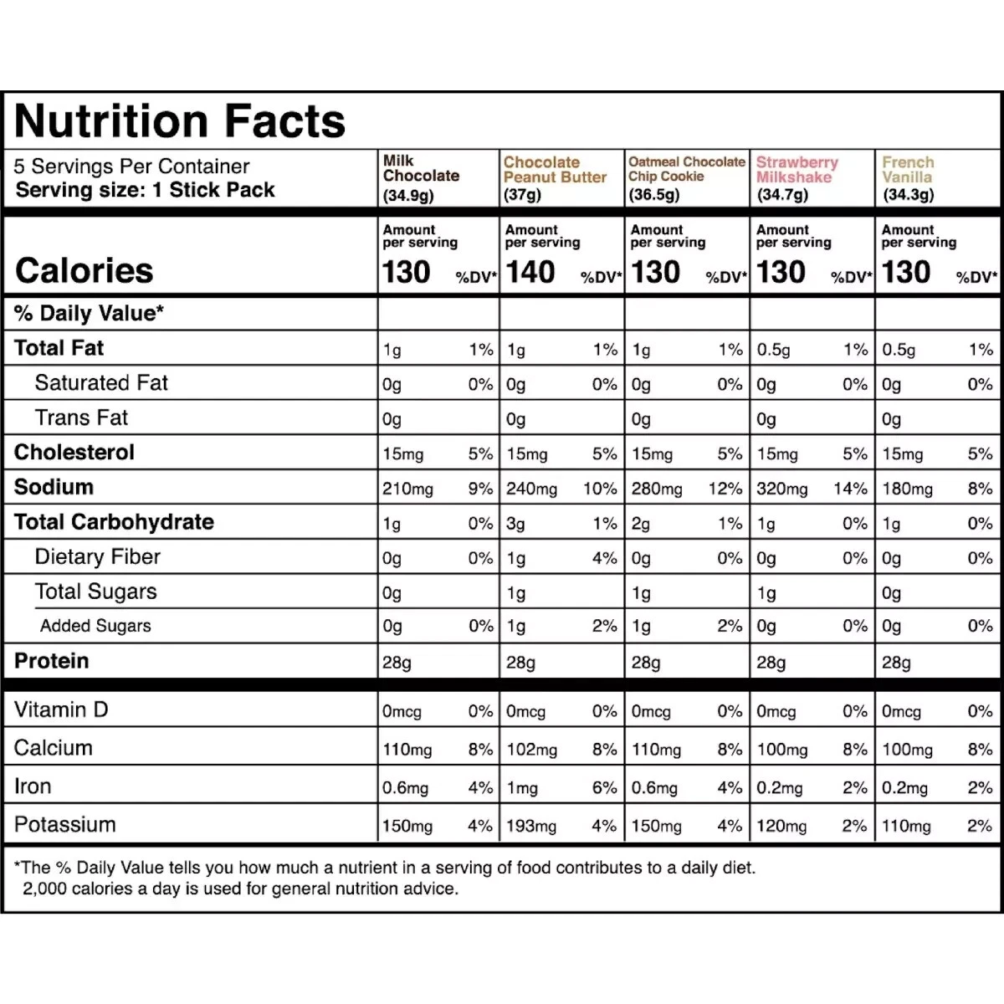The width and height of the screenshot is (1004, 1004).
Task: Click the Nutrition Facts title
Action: pyautogui.click(x=180, y=121)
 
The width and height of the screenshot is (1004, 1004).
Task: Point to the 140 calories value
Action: pyautogui.click(x=530, y=272)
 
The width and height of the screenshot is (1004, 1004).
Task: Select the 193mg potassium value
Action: pyautogui.click(x=531, y=827)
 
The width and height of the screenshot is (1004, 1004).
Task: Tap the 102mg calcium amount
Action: pyautogui.click(x=531, y=750)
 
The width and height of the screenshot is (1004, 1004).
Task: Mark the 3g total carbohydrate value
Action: pyautogui.click(x=515, y=524)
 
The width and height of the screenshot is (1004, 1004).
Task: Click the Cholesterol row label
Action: pyautogui.click(x=74, y=453)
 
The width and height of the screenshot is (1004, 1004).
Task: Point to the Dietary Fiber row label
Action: pyautogui.click(x=97, y=557)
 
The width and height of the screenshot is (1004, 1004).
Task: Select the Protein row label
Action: pyautogui.click(x=51, y=661)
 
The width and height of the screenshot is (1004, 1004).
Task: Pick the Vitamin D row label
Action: pyautogui.click(x=61, y=710)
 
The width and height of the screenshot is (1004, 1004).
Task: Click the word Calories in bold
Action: pyautogui.click(x=84, y=270)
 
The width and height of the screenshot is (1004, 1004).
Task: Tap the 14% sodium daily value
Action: pyautogui.click(x=850, y=489)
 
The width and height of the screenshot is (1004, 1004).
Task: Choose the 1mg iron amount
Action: pyautogui.click(x=522, y=788)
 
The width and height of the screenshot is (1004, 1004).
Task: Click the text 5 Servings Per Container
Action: pyautogui.click(x=131, y=166)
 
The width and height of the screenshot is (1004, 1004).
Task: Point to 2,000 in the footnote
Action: pyautogui.click(x=44, y=889)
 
